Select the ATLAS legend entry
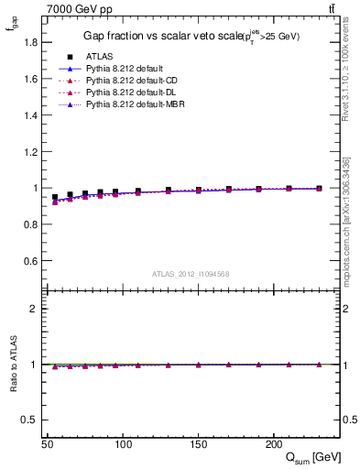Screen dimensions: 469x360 click(x=99, y=57)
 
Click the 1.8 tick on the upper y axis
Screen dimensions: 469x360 click(x=31, y=43)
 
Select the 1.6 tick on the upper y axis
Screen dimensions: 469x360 click(x=31, y=79)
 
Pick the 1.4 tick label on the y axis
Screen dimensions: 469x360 click(x=31, y=115)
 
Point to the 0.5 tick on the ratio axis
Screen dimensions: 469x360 click(x=31, y=420)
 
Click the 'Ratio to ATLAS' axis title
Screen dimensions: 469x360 click(x=14, y=365)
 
